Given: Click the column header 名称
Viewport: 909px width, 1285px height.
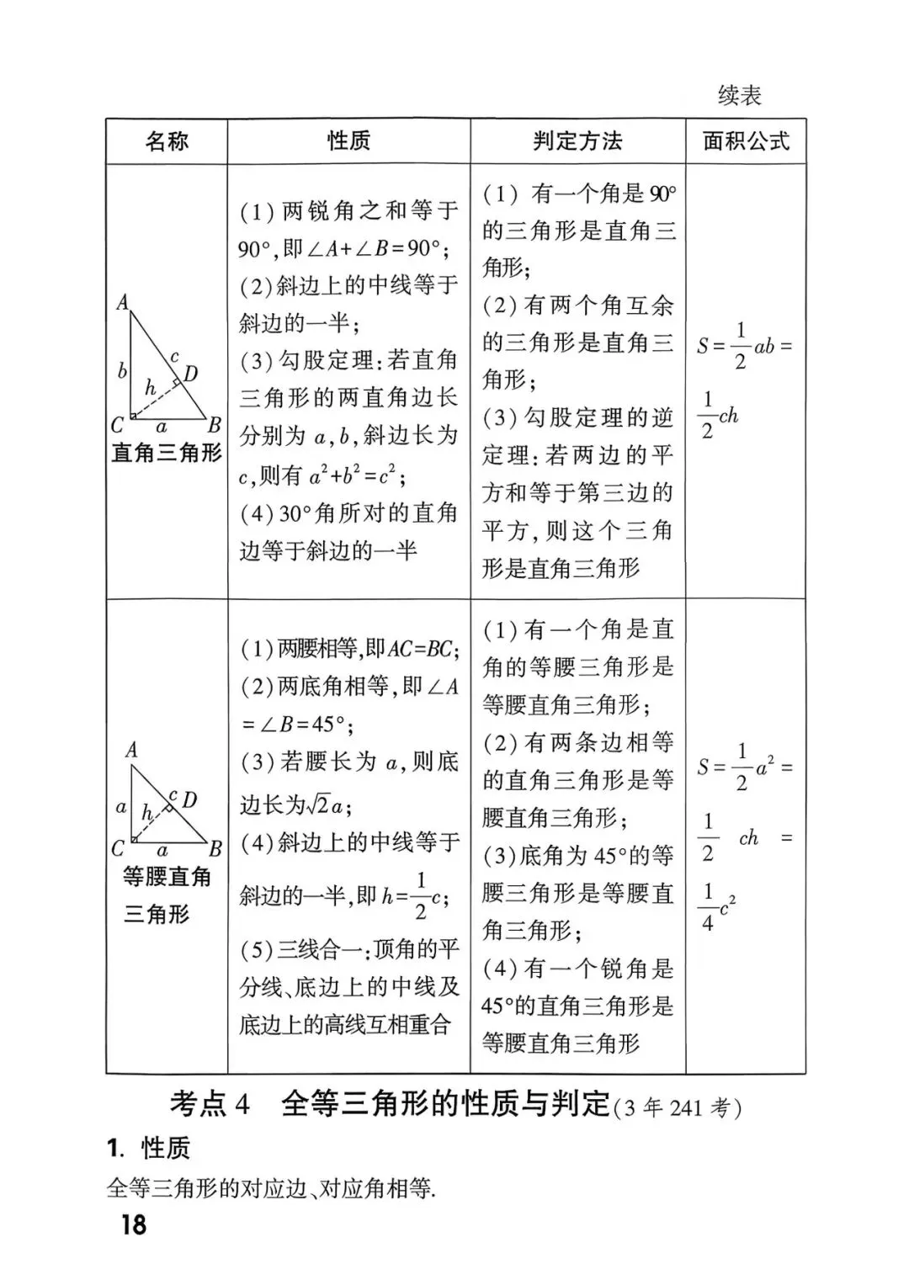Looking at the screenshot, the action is coord(167,141).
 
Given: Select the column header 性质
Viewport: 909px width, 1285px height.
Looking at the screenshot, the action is coord(348,141).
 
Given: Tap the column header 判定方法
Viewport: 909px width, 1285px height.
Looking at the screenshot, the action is coord(577,141).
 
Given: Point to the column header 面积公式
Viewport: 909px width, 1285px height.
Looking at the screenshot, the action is coord(746,141).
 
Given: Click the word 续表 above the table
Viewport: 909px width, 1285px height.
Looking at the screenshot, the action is coord(740,96).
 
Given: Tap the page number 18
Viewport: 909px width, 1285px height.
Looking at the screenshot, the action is coord(133,1224).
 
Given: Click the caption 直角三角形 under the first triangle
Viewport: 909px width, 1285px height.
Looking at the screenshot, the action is coord(167,454).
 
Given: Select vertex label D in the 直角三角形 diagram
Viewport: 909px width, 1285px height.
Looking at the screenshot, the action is coord(191,373).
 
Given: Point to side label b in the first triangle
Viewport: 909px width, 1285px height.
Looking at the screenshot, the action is coord(122,370).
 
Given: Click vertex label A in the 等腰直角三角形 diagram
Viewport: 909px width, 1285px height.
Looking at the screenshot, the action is coord(131,750).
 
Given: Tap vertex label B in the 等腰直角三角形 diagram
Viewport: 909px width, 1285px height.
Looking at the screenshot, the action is coord(215,849).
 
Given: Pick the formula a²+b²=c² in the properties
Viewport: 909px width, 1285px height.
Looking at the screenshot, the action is coord(357,476).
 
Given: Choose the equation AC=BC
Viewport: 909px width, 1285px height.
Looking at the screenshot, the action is coord(421,649).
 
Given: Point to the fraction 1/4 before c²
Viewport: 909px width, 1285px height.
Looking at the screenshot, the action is coord(708,907).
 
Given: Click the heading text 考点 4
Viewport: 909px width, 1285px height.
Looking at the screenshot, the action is coord(210,1104).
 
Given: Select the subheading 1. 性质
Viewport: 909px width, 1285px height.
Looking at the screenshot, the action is coord(149,1148).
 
